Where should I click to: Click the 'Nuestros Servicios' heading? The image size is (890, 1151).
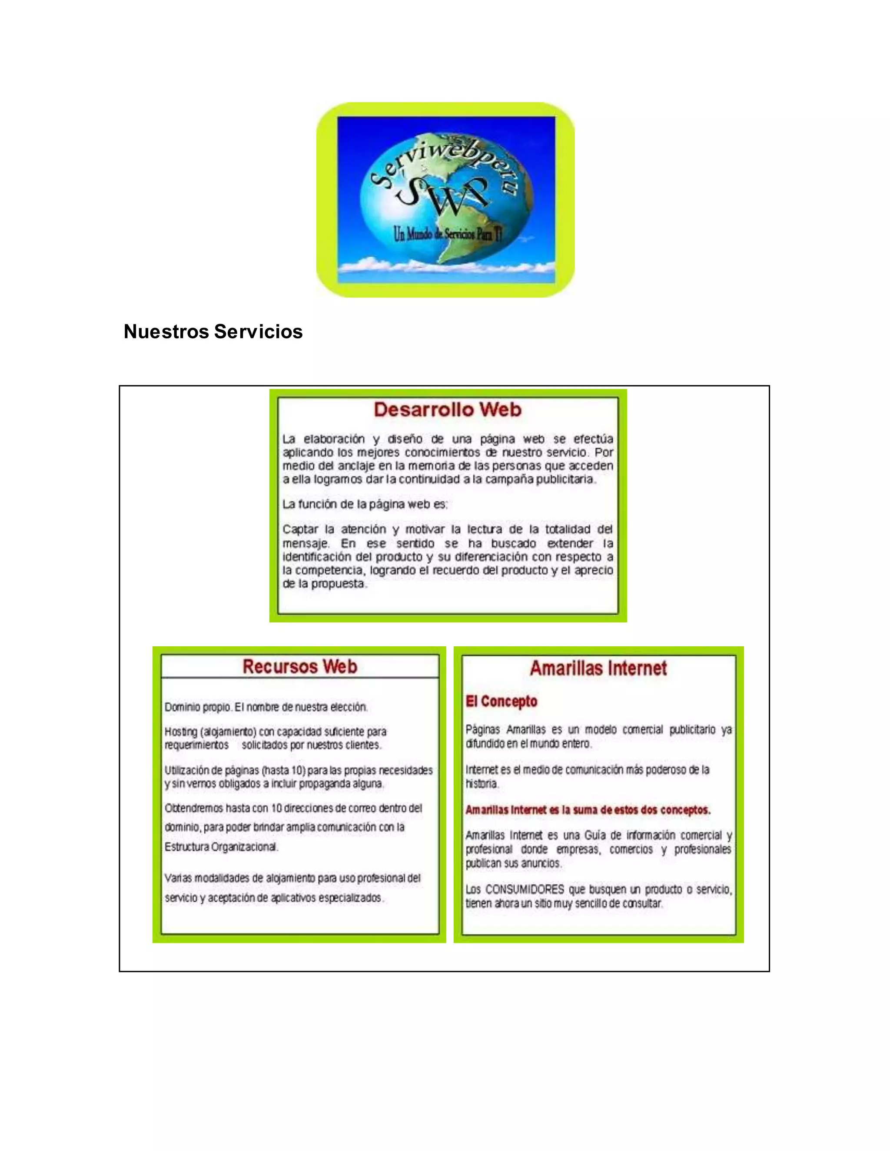pos(213,331)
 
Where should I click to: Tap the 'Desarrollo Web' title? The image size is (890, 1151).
pos(448,410)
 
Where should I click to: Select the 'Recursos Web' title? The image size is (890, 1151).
pos(299,667)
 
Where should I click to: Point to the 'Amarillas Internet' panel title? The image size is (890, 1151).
pos(598,668)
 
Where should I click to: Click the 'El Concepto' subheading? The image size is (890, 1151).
pos(501,701)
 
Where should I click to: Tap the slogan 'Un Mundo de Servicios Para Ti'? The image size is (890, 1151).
pos(448,234)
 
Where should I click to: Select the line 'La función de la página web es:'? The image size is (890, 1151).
pos(365,504)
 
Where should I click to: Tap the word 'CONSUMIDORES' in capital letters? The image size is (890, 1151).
pos(525,890)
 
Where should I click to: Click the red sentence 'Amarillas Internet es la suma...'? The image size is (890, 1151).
pos(588,810)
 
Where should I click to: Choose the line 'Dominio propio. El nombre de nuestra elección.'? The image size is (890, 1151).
pos(266,707)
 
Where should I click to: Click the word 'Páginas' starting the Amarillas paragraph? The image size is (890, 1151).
pos(482,730)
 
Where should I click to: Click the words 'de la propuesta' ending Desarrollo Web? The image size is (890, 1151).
pos(324,584)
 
